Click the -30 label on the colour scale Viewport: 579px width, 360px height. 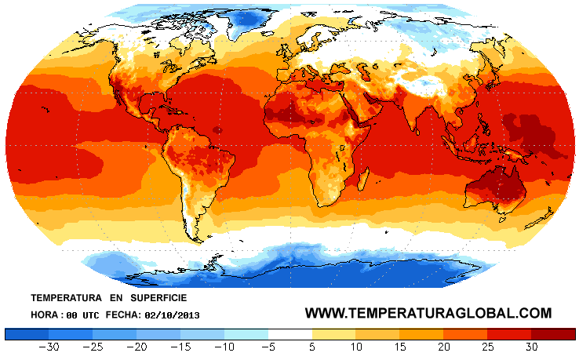coord(51,347)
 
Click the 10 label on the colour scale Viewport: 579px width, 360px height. coord(356,347)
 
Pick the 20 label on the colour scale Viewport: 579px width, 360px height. coord(444,347)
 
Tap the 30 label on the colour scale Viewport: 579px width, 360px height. coord(532,347)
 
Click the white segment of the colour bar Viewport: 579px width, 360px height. coord(289,333)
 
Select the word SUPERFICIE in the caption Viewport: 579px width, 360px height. coord(159,299)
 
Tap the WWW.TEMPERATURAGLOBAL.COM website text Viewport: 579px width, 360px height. coord(428,313)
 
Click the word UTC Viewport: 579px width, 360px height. coord(89,315)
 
